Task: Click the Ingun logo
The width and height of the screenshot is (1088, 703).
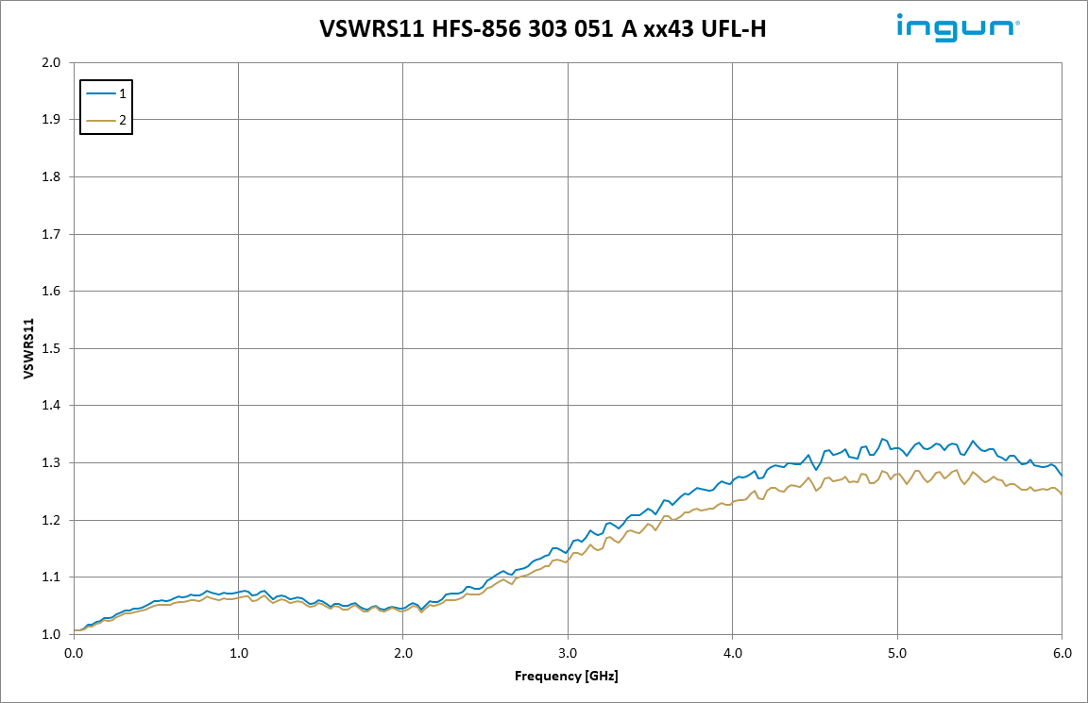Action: (x=957, y=27)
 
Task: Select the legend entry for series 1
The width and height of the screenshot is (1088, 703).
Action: (x=106, y=93)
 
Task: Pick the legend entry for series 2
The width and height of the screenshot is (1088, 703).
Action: (x=106, y=120)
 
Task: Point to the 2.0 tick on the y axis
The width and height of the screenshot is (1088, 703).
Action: (x=51, y=63)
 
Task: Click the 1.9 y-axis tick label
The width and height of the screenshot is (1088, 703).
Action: (x=51, y=120)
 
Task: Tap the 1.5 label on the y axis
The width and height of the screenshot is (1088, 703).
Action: (x=51, y=349)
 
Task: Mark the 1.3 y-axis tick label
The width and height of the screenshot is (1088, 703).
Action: (x=51, y=463)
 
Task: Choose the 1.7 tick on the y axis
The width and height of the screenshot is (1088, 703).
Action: (x=51, y=234)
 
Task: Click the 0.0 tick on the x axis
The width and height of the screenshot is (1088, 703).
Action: (x=74, y=652)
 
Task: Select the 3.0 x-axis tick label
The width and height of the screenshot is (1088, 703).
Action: (x=568, y=652)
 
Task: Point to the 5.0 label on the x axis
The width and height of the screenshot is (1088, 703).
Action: (x=897, y=652)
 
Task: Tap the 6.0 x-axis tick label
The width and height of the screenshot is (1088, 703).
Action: (x=1062, y=652)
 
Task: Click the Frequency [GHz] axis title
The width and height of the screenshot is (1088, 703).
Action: (x=567, y=677)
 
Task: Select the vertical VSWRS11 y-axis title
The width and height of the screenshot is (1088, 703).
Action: (x=29, y=349)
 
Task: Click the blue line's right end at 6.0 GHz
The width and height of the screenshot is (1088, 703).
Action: (x=1062, y=476)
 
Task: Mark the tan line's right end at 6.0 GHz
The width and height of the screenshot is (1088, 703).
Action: (x=1062, y=494)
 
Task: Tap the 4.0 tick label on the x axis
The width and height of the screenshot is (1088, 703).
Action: (x=733, y=652)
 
